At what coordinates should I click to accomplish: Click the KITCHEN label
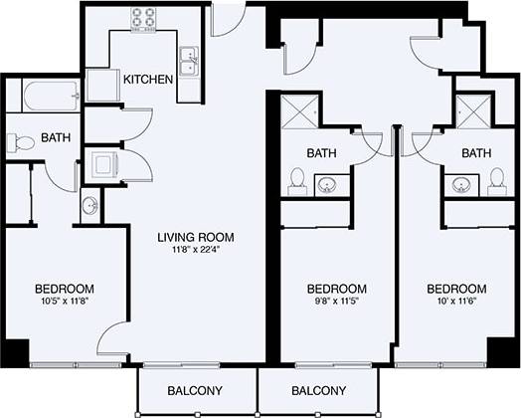[x=147, y=80]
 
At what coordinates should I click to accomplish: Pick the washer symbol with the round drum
[x=103, y=164]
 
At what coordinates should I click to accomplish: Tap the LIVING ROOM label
[x=196, y=237]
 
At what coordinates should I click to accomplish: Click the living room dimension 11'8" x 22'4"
[x=196, y=250]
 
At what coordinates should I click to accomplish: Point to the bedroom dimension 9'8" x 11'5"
[x=335, y=303]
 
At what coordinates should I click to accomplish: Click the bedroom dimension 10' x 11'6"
[x=455, y=303]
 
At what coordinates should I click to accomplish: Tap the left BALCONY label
[x=195, y=389]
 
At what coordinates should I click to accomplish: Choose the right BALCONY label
[x=318, y=389]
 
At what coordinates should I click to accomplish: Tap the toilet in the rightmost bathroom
[x=496, y=179]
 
